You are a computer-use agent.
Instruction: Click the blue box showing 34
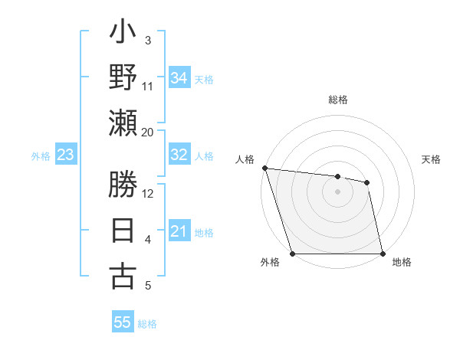click(179, 77)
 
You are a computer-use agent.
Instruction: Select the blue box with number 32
click(179, 155)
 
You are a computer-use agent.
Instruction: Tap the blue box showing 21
click(179, 231)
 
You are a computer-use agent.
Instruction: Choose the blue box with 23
click(66, 155)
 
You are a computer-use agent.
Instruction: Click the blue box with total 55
click(123, 322)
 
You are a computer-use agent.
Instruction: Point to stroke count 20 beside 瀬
click(148, 132)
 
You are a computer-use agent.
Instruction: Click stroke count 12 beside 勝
click(148, 193)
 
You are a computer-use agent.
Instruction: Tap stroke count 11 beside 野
click(148, 86)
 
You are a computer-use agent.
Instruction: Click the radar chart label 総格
click(338, 100)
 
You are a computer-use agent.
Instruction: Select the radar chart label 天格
click(431, 159)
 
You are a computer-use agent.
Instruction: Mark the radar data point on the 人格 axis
click(264, 168)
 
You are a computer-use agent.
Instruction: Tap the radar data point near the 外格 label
click(292, 254)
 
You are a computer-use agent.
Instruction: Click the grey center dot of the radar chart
click(337, 191)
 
